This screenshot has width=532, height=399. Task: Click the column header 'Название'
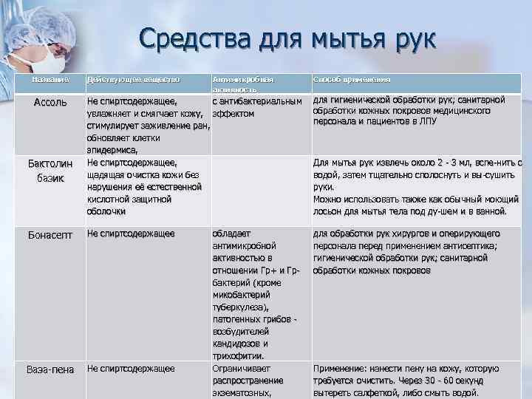click(x=51, y=78)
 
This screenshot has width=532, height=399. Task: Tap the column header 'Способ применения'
click(x=352, y=78)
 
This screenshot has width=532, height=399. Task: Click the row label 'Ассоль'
click(x=51, y=101)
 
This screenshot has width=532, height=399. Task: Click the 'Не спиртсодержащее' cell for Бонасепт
click(x=131, y=234)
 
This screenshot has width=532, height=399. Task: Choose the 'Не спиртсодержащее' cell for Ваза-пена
click(x=131, y=368)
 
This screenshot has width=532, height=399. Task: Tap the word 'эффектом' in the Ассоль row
click(x=233, y=113)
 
